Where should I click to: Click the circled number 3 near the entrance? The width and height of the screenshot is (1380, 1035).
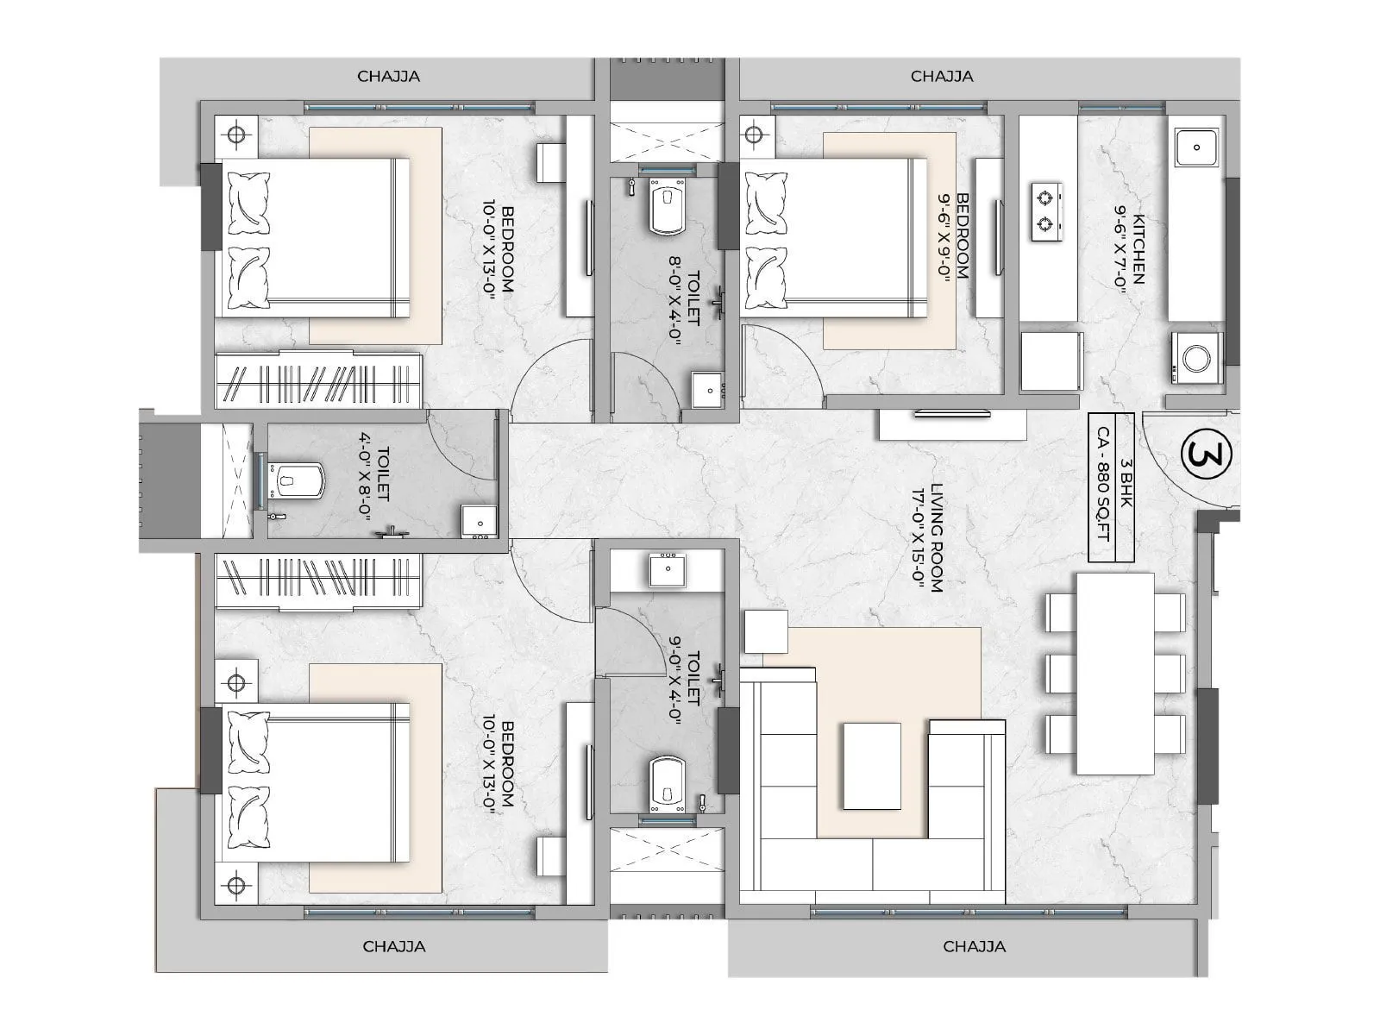pos(1204,455)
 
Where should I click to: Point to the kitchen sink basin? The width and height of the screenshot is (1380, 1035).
pos(1197,147)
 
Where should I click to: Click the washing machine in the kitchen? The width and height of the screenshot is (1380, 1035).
pos(1197,357)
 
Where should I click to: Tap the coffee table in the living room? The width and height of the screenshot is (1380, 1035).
pos(871,766)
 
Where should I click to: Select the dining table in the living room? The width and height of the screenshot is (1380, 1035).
pos(1114,674)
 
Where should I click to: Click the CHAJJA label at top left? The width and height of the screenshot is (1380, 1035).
pos(388,77)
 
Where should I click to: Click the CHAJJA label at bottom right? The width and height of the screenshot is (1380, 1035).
pos(974,946)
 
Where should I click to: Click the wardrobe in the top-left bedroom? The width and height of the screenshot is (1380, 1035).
pos(318,379)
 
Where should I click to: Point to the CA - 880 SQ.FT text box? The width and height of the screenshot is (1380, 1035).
pos(1102,487)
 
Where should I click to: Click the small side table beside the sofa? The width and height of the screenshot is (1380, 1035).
pos(764,631)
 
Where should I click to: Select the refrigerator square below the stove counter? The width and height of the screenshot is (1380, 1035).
pos(1050,361)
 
